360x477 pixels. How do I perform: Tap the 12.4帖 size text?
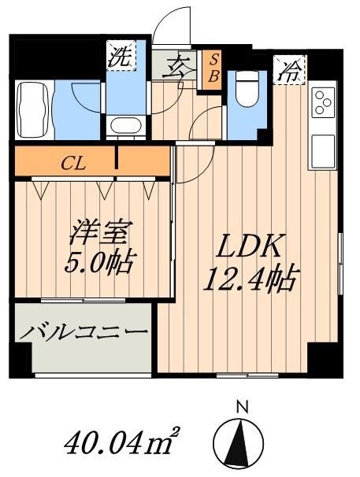coord(251,278)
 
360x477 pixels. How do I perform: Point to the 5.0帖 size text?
coord(99,261)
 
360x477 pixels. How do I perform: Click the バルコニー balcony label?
coord(84,334)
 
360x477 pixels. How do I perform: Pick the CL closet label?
coord(76,165)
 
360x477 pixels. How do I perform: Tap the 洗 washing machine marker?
coord(120,57)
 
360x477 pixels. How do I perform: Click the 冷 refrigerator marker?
coord(290,72)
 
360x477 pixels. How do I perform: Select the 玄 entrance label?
coord(176,66)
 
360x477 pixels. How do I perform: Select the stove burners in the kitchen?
coord(322,103)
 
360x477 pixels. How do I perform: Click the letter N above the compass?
coord(243,407)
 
